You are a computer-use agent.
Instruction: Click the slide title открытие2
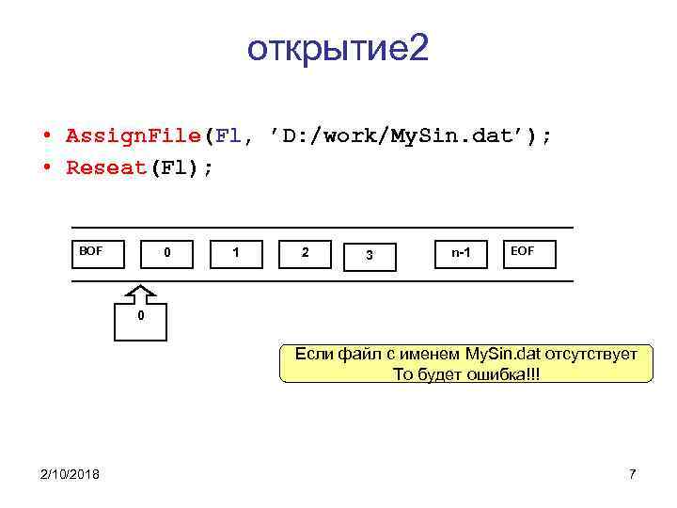click(x=338, y=49)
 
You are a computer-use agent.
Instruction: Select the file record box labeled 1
click(x=235, y=254)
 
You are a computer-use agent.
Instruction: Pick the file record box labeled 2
click(x=305, y=254)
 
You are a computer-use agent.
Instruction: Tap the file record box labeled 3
click(x=370, y=255)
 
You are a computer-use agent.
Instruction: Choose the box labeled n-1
click(x=461, y=254)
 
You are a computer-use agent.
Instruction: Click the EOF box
click(x=530, y=254)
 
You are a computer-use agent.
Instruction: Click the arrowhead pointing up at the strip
click(x=140, y=290)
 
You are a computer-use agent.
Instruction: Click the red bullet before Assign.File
click(x=46, y=136)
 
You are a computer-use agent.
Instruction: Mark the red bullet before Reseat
click(x=46, y=168)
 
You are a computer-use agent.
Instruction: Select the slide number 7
click(x=632, y=473)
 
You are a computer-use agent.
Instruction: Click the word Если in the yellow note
click(x=312, y=355)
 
